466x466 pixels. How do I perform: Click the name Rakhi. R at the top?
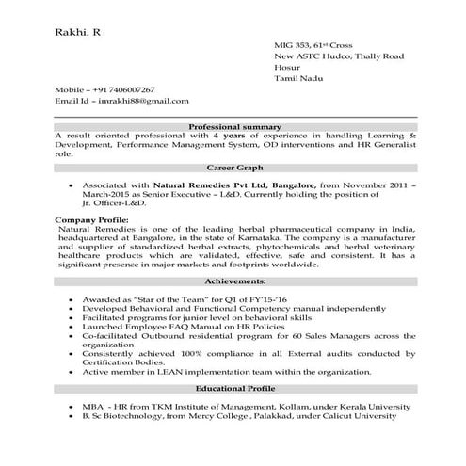pos(77,34)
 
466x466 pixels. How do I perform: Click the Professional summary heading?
pos(234,125)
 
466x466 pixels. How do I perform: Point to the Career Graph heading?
pos(234,166)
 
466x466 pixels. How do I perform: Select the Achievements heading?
pos(234,281)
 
